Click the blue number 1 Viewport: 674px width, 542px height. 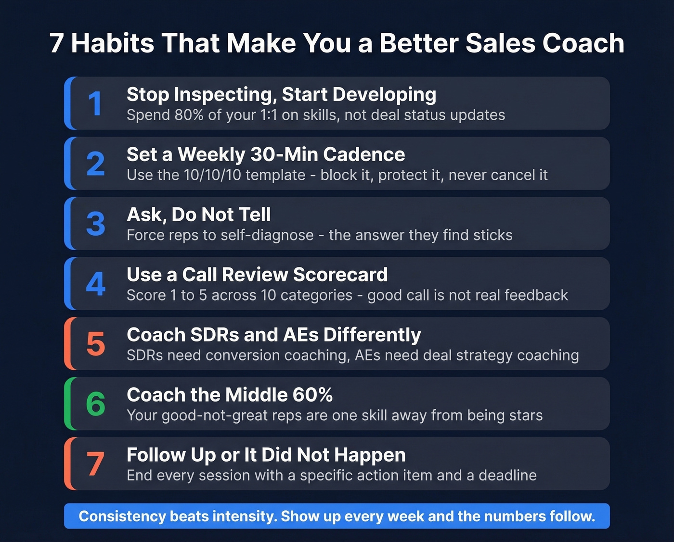click(x=95, y=104)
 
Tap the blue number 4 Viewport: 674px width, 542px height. click(x=96, y=284)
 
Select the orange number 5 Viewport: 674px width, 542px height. click(x=96, y=344)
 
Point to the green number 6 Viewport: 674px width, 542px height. click(x=96, y=404)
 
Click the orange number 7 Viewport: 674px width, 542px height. click(x=95, y=464)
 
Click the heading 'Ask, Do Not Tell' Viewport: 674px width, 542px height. click(x=198, y=214)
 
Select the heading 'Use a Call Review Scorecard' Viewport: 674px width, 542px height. click(x=257, y=275)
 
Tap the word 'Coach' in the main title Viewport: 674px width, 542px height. click(x=583, y=43)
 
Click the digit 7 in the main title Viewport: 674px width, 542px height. click(x=56, y=43)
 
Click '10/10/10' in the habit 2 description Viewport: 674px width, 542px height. click(x=212, y=175)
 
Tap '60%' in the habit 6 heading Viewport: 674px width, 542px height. click(x=312, y=395)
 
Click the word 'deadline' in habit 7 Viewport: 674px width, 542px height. click(x=507, y=476)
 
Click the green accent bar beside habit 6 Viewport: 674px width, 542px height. click(x=68, y=403)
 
